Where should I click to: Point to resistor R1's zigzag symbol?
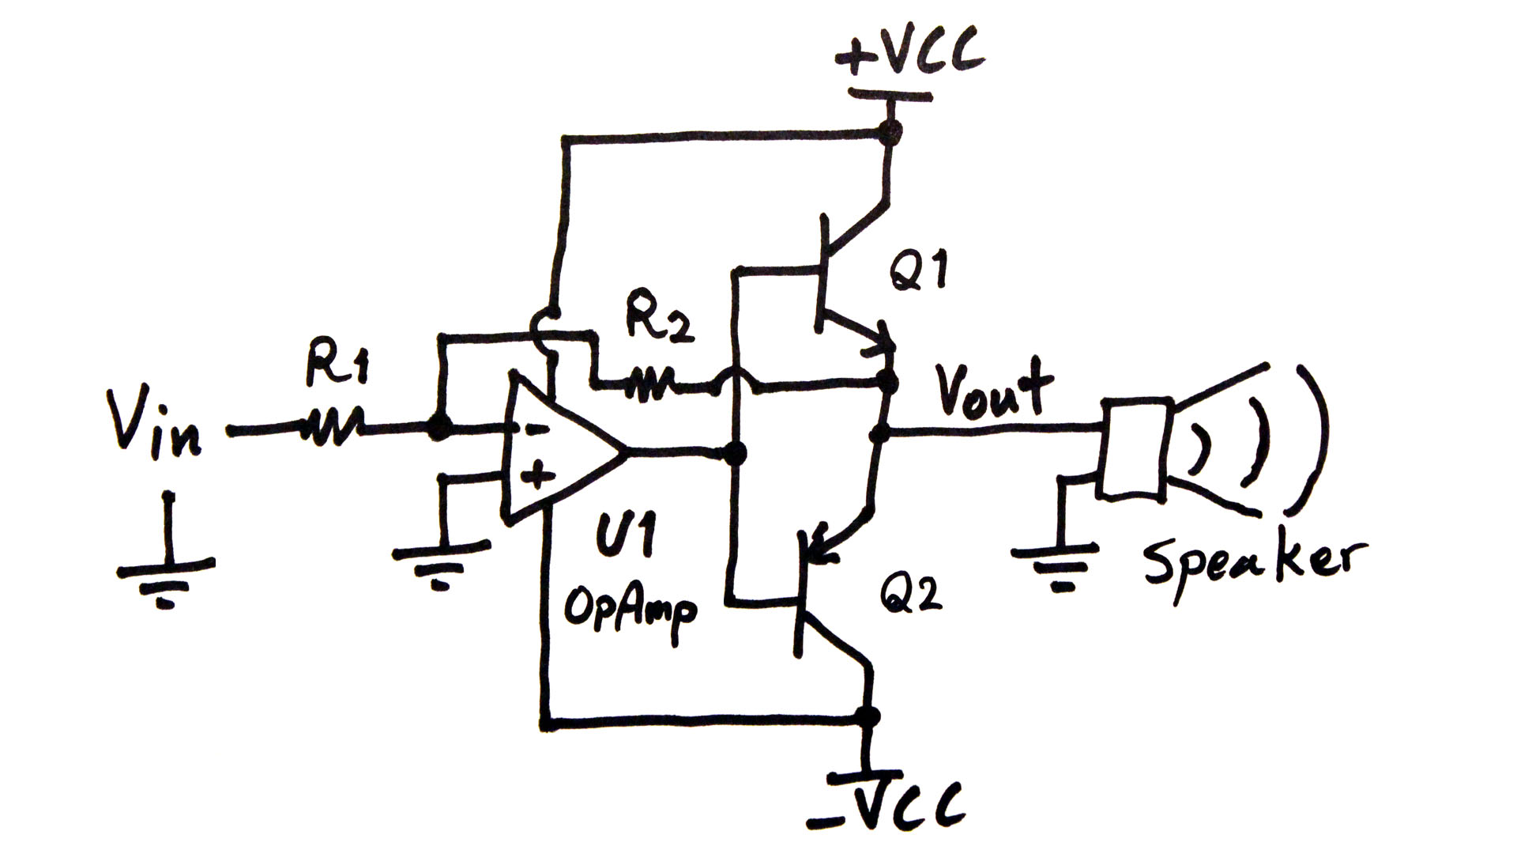(332, 428)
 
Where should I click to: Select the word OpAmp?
(630, 609)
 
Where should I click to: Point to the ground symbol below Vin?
(166, 577)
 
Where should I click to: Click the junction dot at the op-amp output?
(735, 454)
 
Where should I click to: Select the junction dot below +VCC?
(890, 132)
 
